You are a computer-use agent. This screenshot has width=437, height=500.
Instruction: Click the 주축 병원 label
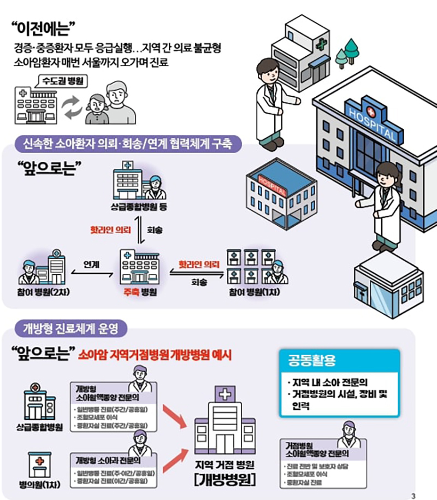[139, 293]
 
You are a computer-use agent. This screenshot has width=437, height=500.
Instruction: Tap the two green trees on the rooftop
[345, 52]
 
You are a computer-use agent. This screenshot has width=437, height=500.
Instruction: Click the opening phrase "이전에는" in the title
[43, 27]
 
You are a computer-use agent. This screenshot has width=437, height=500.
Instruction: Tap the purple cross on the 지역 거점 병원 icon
[223, 393]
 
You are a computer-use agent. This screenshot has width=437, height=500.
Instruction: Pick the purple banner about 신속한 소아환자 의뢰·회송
[128, 145]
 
